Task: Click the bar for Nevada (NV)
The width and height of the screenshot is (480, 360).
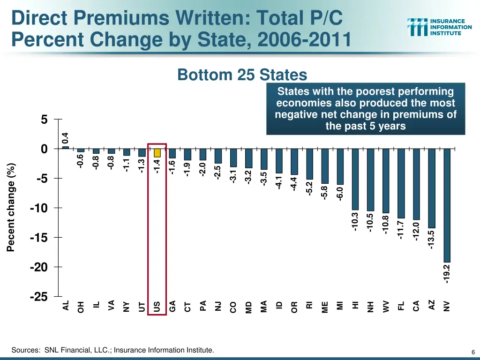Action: pyautogui.click(x=447, y=205)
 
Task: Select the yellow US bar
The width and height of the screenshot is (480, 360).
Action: pyautogui.click(x=157, y=153)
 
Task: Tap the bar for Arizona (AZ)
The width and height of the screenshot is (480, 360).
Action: pyautogui.click(x=432, y=188)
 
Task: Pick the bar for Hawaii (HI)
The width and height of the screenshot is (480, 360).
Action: pyautogui.click(x=355, y=179)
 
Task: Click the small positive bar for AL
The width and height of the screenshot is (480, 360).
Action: pyautogui.click(x=66, y=147)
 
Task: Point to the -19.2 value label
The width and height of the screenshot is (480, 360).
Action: pyautogui.click(x=447, y=274)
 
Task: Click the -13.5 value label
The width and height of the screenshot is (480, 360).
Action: pyautogui.click(x=432, y=240)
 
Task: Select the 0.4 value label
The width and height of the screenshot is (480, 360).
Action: pyautogui.click(x=66, y=138)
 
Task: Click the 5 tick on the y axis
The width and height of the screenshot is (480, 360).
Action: pyautogui.click(x=44, y=120)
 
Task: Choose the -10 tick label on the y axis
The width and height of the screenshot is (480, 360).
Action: pyautogui.click(x=39, y=208)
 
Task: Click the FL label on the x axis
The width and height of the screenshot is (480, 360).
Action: pyautogui.click(x=401, y=306)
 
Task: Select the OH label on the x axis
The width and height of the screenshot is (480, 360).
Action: pyautogui.click(x=81, y=307)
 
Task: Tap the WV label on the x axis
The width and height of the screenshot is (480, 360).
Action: pyautogui.click(x=386, y=307)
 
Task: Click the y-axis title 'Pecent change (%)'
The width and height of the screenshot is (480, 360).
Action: pyautogui.click(x=11, y=207)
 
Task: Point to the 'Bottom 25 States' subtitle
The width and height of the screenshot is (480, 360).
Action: pyautogui.click(x=242, y=75)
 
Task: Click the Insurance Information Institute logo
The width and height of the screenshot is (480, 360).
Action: pyautogui.click(x=439, y=27)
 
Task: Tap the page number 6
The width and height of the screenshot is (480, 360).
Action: pyautogui.click(x=473, y=352)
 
